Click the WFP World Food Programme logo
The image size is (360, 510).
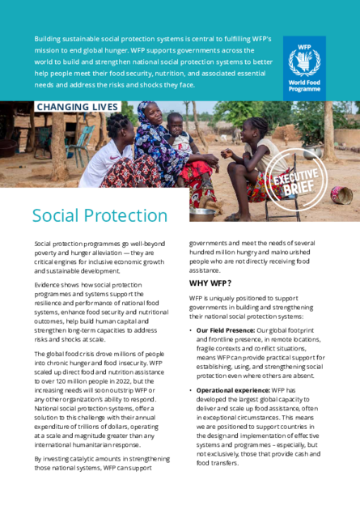pos(304,66)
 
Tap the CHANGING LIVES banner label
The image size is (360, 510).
pos(77,107)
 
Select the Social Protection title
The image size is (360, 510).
pos(100,215)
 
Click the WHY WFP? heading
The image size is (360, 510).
pos(210,283)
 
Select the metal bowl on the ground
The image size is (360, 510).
pos(201,214)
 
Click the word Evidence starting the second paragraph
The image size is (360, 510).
pos(49,285)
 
